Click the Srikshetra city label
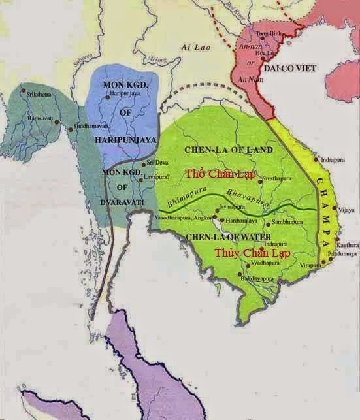point(38,94)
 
